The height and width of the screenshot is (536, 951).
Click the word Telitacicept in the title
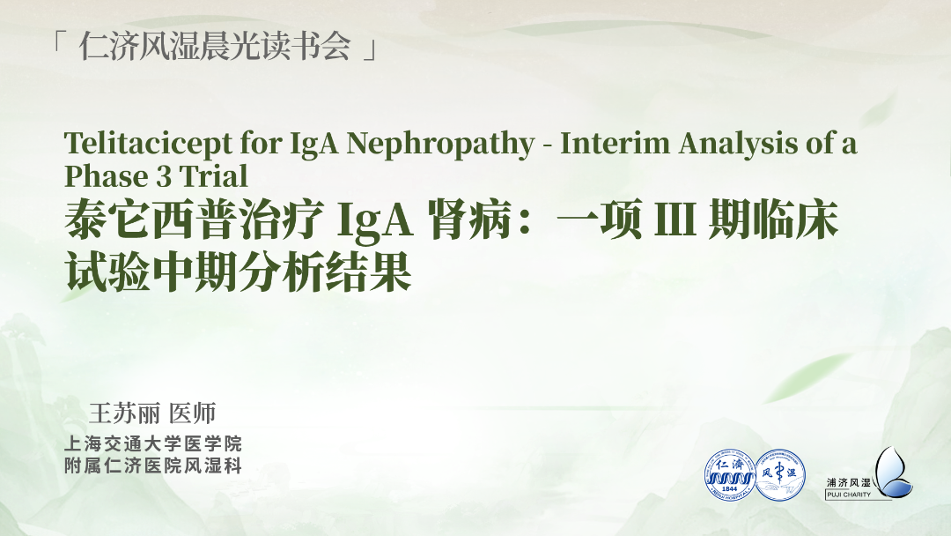[x=149, y=145]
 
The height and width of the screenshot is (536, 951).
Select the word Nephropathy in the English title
[x=440, y=145]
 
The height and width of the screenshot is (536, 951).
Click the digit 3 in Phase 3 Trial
[x=163, y=176]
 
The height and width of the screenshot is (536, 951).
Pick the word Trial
[x=213, y=176]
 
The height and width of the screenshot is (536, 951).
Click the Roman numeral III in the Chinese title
[x=675, y=220]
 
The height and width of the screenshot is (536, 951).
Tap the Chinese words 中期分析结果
[x=282, y=272]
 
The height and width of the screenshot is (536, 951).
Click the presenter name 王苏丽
[x=124, y=413]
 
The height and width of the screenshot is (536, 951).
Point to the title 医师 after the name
[x=193, y=413]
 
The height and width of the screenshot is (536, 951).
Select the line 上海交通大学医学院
[x=153, y=443]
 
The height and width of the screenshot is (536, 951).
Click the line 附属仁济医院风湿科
[x=153, y=466]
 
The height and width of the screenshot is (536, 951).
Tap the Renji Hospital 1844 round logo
[x=730, y=475]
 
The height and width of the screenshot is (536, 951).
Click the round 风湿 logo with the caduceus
[x=780, y=475]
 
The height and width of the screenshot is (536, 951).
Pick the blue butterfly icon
[x=893, y=473]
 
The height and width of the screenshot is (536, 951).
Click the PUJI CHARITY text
[x=849, y=495]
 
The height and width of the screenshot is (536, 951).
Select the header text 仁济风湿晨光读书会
[x=215, y=46]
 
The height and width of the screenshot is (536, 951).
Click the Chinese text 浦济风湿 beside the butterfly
[x=849, y=482]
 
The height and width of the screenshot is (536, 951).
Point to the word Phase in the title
[x=106, y=176]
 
